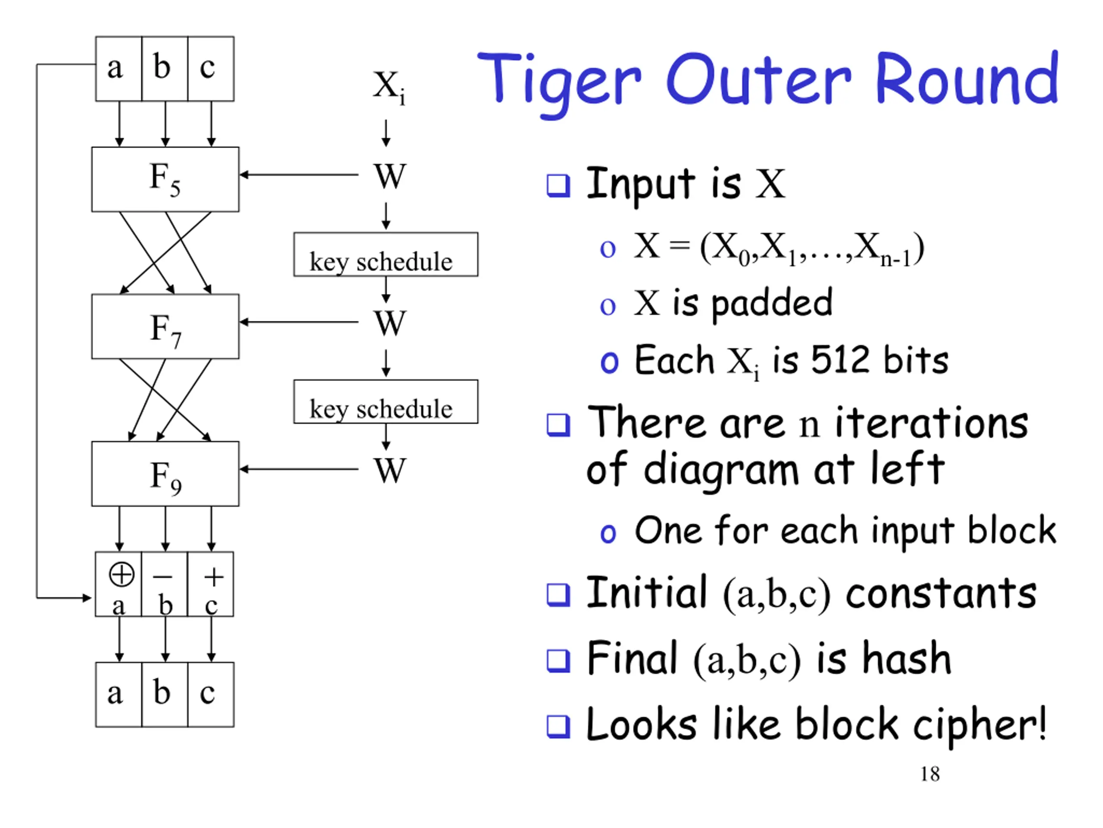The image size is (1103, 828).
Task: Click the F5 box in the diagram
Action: pyautogui.click(x=165, y=179)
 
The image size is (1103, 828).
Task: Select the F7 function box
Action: pyautogui.click(x=165, y=326)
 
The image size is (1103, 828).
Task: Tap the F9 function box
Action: pyautogui.click(x=165, y=474)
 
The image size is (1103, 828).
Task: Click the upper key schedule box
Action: pyautogui.click(x=386, y=254)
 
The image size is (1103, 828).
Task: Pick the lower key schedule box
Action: pyautogui.click(x=386, y=402)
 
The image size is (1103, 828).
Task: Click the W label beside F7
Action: pyautogui.click(x=390, y=323)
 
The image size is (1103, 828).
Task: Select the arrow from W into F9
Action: pyautogui.click(x=299, y=469)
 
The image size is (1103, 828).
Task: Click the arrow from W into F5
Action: pyautogui.click(x=299, y=175)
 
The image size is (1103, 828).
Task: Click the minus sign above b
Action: pyautogui.click(x=162, y=577)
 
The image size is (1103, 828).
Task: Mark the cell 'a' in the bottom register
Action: pyautogui.click(x=118, y=695)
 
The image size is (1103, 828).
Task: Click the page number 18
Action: pyautogui.click(x=930, y=774)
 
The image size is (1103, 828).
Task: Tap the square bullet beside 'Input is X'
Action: pyautogui.click(x=558, y=186)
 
